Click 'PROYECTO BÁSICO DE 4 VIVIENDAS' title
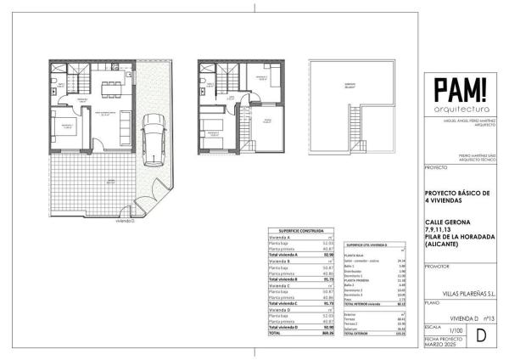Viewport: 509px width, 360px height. click(456, 198)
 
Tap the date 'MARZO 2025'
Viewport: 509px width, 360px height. click(439, 346)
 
